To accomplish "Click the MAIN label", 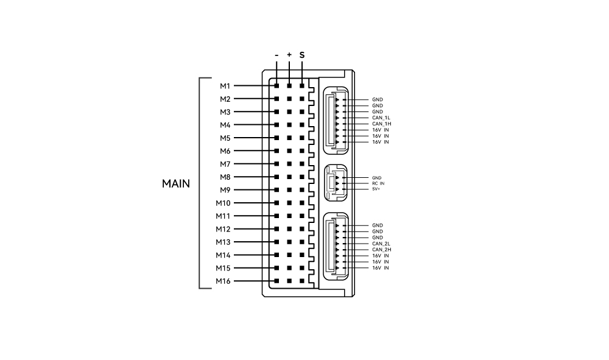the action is [176, 184].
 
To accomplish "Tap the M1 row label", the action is [225, 86].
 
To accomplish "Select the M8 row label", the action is [225, 177].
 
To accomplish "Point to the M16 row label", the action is [223, 281].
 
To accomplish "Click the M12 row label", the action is [223, 229].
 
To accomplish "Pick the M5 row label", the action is [225, 138].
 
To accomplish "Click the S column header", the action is [302, 55].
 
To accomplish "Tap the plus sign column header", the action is [289, 55].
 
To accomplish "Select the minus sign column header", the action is [276, 55].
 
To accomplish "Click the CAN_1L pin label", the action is [381, 118].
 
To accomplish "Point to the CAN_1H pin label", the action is [381, 124].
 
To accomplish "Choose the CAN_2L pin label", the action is [381, 244].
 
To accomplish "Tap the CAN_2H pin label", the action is [381, 250].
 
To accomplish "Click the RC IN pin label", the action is [378, 183].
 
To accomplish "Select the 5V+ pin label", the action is [376, 189].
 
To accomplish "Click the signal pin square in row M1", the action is [302, 86].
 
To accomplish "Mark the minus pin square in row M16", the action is [276, 281].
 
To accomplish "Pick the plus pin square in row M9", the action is [289, 190].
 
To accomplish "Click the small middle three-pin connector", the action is [336, 183].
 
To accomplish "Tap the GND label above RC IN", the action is [377, 178].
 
